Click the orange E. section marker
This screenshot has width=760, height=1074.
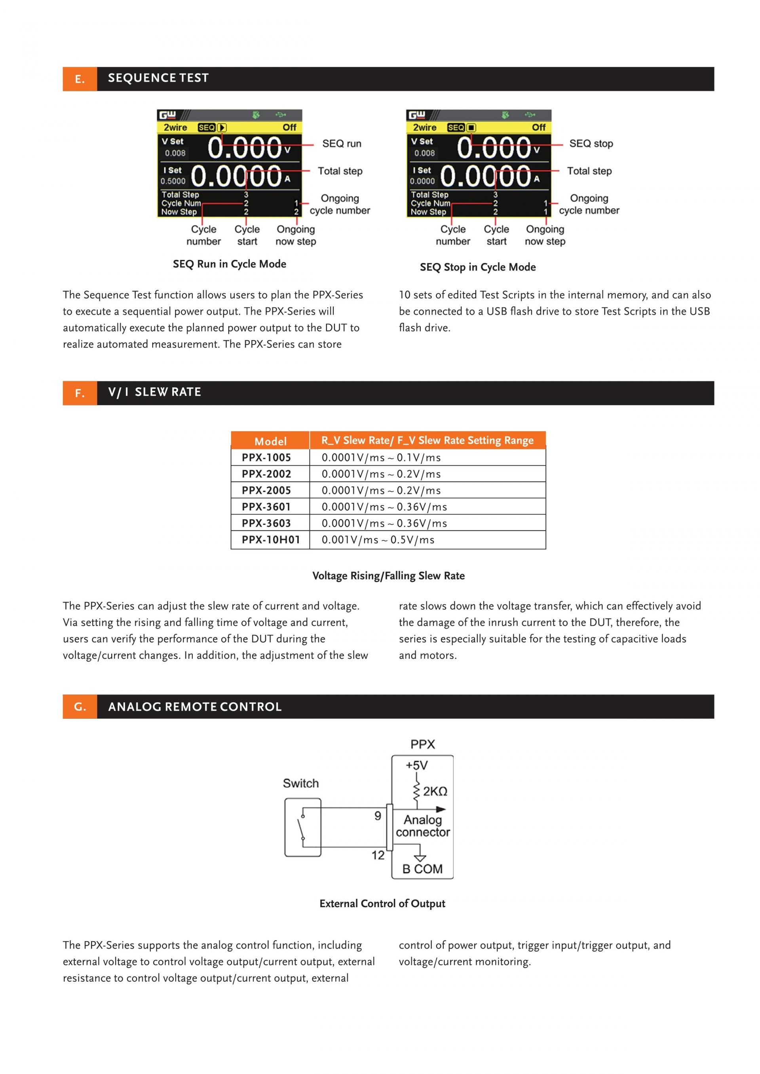[x=80, y=79]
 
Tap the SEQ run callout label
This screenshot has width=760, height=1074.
[x=342, y=144]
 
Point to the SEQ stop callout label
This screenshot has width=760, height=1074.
[x=591, y=144]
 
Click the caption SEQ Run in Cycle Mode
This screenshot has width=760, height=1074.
[x=229, y=264]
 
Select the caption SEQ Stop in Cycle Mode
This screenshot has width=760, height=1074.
[x=477, y=267]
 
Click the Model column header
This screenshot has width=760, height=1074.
[x=270, y=441]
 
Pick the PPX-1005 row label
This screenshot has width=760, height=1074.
[x=266, y=457]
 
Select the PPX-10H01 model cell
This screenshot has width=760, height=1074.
[x=270, y=540]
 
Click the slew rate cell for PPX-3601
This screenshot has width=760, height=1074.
[x=384, y=507]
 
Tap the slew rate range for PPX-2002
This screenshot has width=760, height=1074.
[x=381, y=474]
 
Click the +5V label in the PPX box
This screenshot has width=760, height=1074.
[x=416, y=765]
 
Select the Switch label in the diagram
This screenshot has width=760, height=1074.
[x=300, y=783]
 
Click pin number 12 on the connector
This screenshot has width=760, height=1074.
[x=378, y=855]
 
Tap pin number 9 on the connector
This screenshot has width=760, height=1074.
[x=378, y=816]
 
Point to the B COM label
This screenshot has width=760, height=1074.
[x=422, y=869]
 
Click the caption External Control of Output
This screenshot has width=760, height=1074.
[x=382, y=903]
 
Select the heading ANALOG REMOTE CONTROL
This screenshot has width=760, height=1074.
[x=195, y=707]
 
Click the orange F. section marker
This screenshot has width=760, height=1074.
[x=80, y=393]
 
